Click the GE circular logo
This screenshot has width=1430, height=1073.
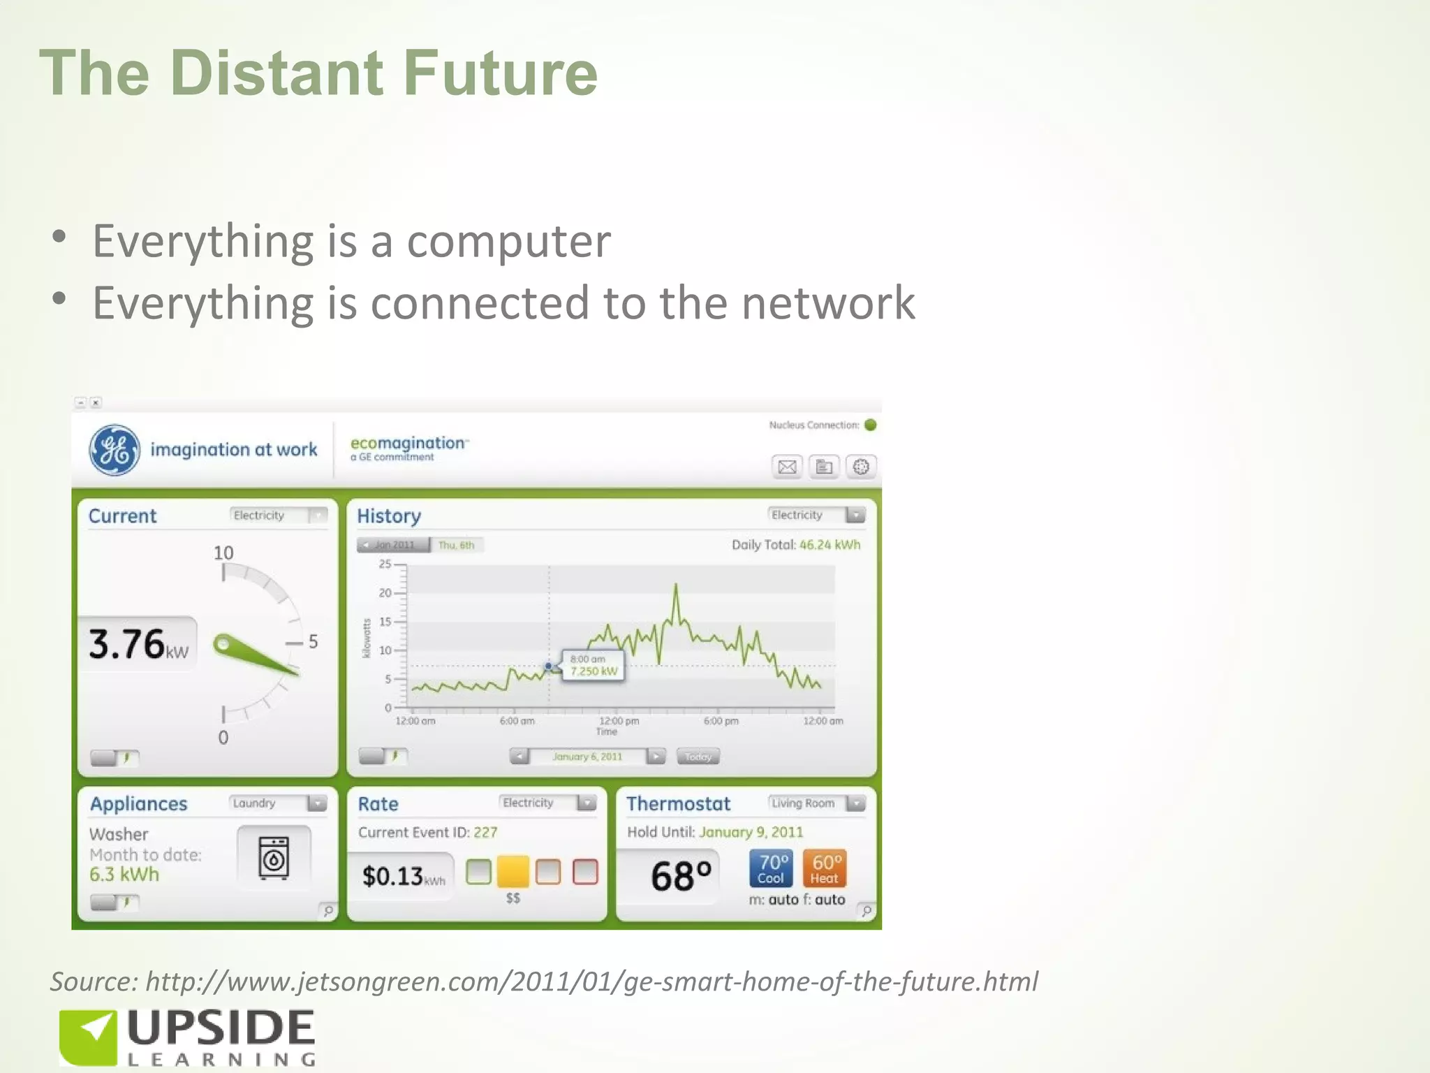(x=115, y=450)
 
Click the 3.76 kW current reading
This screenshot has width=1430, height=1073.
(x=138, y=644)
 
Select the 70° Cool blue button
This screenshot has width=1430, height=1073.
(x=772, y=868)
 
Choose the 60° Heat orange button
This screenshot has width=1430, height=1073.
(x=825, y=868)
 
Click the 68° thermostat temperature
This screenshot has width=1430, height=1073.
(x=680, y=876)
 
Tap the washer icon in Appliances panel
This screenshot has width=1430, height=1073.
(x=274, y=858)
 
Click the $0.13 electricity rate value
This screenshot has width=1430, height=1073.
(x=392, y=876)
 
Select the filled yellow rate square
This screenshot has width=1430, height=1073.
(x=513, y=871)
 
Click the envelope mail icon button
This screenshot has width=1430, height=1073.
(x=787, y=467)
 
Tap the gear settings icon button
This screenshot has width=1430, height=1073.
(x=861, y=467)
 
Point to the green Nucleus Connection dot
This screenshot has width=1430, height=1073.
(x=871, y=425)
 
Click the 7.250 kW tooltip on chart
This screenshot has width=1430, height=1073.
(x=594, y=666)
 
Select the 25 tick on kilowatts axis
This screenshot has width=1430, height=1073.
(x=385, y=564)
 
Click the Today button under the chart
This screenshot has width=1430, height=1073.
(x=698, y=757)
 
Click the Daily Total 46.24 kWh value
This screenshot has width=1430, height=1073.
(x=830, y=545)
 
